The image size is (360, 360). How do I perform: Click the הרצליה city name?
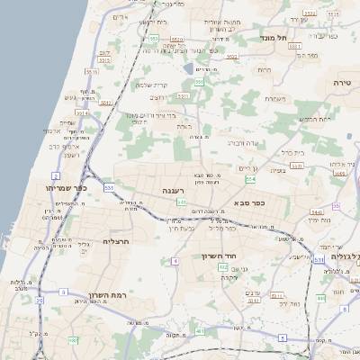coord(118,240)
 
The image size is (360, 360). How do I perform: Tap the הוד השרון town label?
coord(218,256)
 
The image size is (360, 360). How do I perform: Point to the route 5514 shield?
coord(83,113)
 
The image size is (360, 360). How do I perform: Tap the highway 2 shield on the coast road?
coord(56,175)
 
